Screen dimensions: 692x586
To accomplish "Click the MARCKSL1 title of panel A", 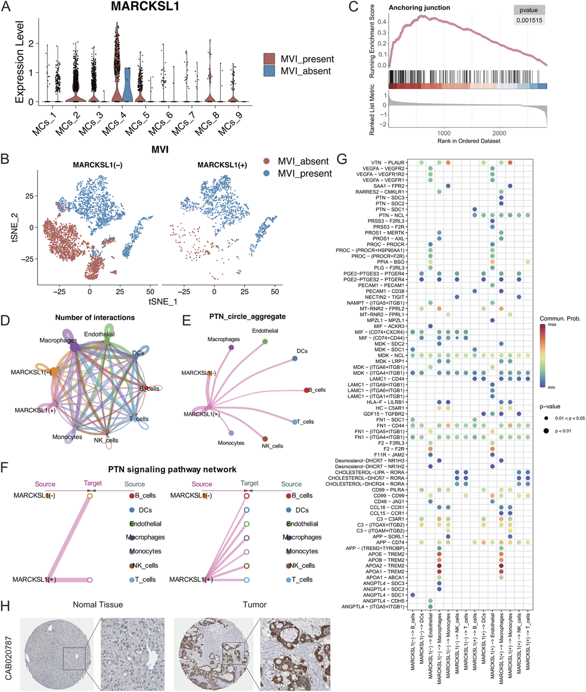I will point(145,7).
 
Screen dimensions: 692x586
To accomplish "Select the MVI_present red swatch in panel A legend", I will point(269,59).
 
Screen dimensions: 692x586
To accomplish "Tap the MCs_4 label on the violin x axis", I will point(114,123).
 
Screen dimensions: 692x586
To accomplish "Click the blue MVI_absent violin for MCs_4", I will point(127,86).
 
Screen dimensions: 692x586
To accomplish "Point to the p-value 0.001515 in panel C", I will point(529,20).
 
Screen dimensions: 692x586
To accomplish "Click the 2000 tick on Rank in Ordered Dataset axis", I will point(499,133).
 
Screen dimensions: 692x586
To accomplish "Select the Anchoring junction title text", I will point(419,8).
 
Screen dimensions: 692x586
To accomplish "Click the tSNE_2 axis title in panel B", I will point(15,228).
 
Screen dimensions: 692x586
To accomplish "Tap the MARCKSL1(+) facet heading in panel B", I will point(222,165).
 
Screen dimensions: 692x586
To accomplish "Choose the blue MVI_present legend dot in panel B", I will point(267,173).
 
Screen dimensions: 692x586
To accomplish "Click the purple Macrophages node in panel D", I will point(75,348).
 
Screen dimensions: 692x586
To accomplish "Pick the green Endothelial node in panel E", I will point(265,341).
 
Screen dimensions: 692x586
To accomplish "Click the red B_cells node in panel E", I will point(306,390).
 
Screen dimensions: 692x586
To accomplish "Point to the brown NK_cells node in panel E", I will point(265,439).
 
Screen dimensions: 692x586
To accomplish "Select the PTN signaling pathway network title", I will point(172,469).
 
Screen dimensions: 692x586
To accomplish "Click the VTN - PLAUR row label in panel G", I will point(388,162).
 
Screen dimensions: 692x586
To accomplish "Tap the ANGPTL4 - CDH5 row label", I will point(383,601).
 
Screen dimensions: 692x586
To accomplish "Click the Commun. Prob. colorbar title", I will point(560,318).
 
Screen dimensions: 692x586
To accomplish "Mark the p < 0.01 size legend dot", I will point(546,431).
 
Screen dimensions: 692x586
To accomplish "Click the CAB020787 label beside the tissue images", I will point(8,658).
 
